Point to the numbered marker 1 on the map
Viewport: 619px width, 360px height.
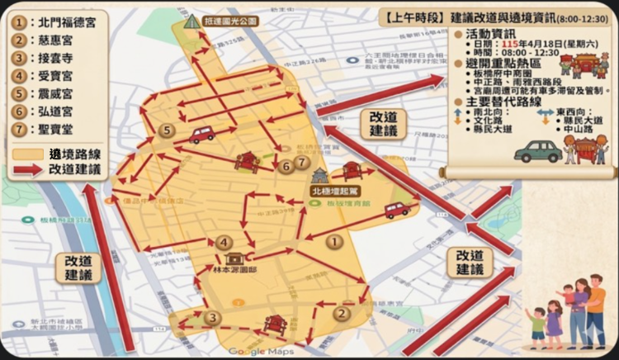coord(333,242)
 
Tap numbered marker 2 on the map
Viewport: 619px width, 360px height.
coord(341,313)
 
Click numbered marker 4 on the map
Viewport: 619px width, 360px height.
coord(224,242)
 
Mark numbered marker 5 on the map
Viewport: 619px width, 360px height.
coord(167,130)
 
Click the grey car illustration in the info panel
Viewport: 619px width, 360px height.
coord(537,150)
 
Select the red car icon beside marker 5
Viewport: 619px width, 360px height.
coord(202,134)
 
